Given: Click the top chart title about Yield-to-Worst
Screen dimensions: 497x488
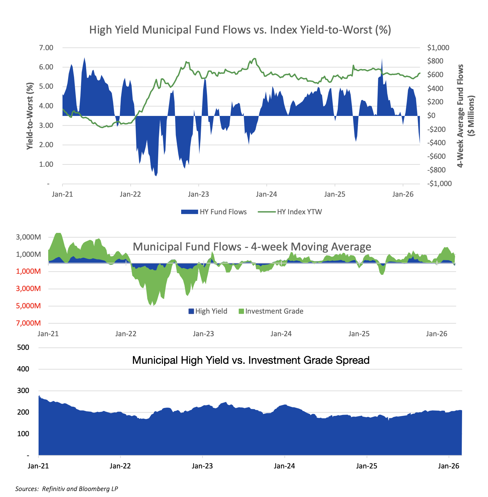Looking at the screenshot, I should tap(240, 30).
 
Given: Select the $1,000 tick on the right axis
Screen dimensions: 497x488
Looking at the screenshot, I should tap(438, 48).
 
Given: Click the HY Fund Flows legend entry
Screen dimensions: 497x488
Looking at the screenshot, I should tap(214, 212).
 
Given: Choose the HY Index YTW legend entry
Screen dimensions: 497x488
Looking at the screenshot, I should tap(290, 212).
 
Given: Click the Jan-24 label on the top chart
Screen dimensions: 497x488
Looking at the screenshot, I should tap(266, 194).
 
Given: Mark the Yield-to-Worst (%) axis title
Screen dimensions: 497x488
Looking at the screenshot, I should tap(30, 116).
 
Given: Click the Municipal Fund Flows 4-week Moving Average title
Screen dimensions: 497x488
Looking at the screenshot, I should tap(252, 247).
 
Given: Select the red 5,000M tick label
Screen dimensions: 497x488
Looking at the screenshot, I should tap(28, 306).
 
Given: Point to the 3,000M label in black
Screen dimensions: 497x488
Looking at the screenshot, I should tap(28, 238).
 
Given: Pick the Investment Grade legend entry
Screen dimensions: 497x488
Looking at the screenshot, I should tap(271, 311).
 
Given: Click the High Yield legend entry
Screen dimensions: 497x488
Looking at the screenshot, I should tap(208, 311).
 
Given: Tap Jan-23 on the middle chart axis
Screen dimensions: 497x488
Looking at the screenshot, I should tap(203, 334).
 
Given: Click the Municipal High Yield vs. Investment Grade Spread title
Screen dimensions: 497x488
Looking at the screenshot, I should tap(251, 360).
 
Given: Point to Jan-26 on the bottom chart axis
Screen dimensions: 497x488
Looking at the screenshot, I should tap(448, 466).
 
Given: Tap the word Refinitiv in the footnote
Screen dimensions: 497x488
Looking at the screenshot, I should tap(54, 489).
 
